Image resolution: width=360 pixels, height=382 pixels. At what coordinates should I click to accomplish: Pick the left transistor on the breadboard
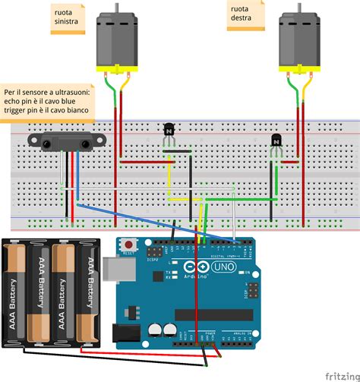pos(169,131)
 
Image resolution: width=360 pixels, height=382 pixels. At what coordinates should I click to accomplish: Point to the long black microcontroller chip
pos(213,314)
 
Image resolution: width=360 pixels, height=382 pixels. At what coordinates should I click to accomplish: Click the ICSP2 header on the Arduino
pos(156,251)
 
